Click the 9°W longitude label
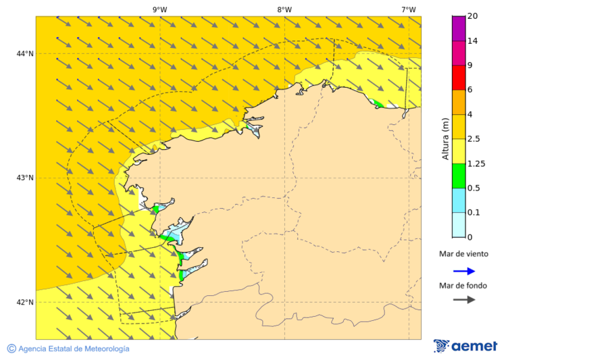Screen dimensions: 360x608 159,9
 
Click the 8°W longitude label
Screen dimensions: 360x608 284,9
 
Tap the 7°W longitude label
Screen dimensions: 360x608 408,9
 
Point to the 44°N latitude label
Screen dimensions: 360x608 25,53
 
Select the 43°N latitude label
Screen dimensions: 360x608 25,178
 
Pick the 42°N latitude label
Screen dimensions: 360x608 25,302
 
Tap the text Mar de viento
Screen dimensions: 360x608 463,254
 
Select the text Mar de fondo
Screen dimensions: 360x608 463,285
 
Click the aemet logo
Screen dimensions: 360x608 465,346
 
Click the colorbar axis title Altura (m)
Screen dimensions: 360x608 445,138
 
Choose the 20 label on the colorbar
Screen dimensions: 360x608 473,16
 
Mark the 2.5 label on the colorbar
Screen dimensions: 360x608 474,138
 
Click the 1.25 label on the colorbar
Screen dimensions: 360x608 476,163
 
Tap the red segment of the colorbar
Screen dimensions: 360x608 459,78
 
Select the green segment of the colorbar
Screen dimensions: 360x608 459,176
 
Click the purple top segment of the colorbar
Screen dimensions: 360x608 459,28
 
